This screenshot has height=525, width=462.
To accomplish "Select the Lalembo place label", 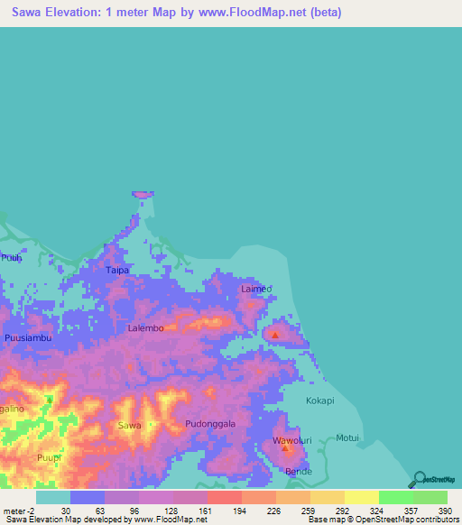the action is [145, 328].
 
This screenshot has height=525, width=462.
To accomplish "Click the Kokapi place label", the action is [319, 401].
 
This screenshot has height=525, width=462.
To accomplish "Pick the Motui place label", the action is [347, 438].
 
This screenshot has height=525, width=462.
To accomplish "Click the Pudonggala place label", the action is [210, 424].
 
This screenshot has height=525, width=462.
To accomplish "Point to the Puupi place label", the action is [50, 459].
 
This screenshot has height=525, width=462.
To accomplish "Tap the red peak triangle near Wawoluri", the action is [286, 447].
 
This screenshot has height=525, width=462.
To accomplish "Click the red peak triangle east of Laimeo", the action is [274, 336].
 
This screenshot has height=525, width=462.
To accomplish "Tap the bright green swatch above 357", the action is [395, 497].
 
